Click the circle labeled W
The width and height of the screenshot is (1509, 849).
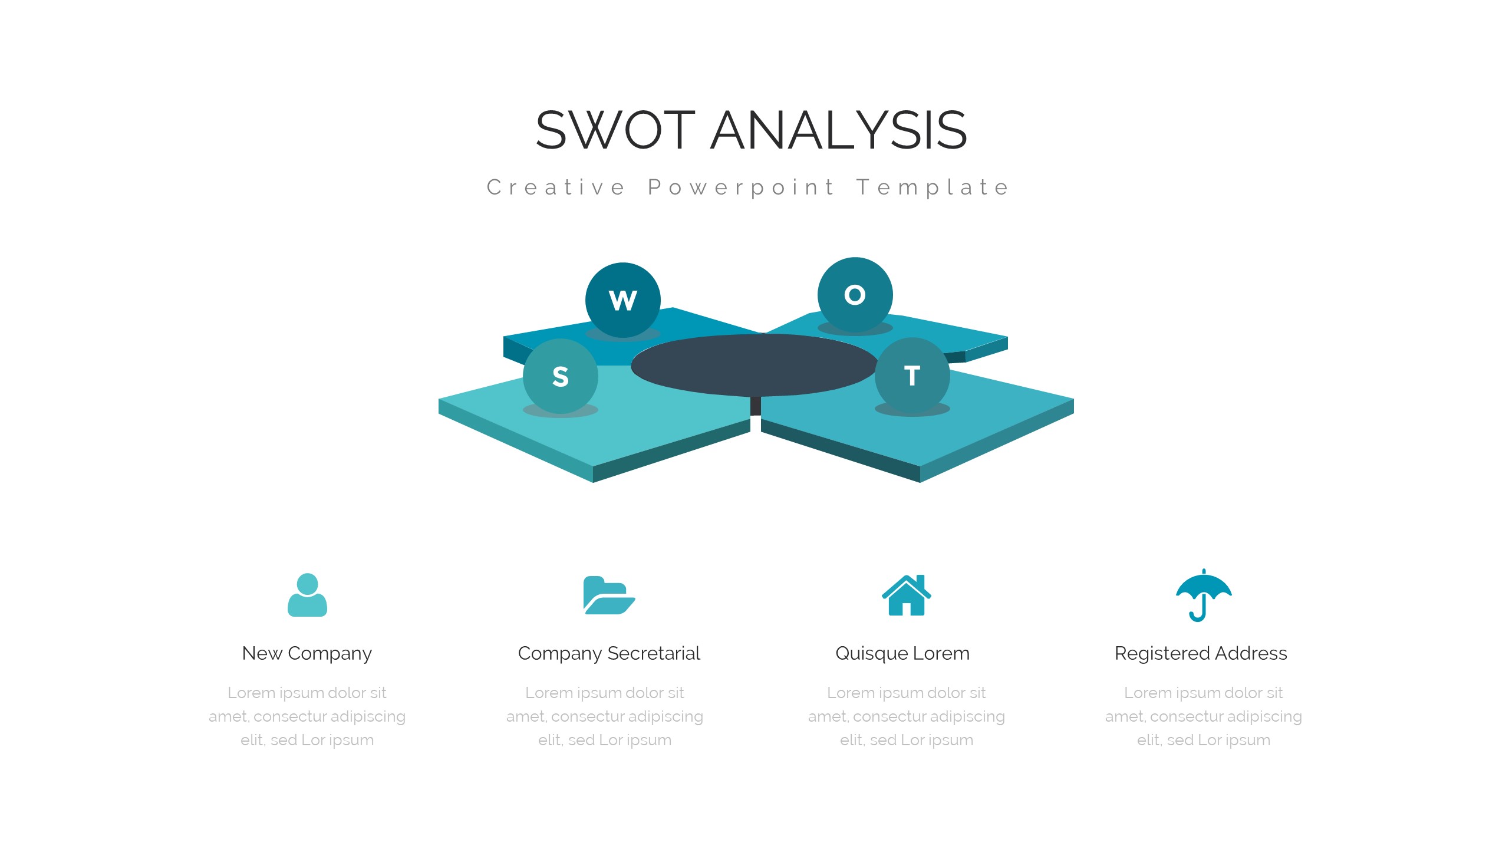coord(622,300)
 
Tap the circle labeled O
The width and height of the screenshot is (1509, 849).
coord(855,295)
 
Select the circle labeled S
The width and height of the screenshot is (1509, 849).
coord(560,376)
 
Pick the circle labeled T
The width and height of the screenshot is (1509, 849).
coord(912,375)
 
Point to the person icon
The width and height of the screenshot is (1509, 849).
coord(307,595)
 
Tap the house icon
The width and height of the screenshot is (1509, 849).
coord(907,595)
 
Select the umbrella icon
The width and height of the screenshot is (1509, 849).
coord(1204,595)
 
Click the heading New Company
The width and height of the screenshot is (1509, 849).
coord(307,653)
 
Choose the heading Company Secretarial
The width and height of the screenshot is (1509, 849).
coord(609,653)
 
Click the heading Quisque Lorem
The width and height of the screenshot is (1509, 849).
coord(902,653)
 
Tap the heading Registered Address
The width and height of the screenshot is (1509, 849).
coord(1201,653)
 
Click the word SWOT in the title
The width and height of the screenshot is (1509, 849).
coord(615,130)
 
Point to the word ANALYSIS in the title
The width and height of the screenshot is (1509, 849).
coord(838,130)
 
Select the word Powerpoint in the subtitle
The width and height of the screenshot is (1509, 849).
coord(741,187)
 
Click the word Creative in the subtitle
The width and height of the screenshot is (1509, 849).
coord(556,187)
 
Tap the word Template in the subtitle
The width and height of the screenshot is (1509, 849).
coord(933,187)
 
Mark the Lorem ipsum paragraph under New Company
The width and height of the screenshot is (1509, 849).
coord(307,716)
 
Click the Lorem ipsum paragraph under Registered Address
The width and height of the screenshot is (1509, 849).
coord(1204,716)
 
